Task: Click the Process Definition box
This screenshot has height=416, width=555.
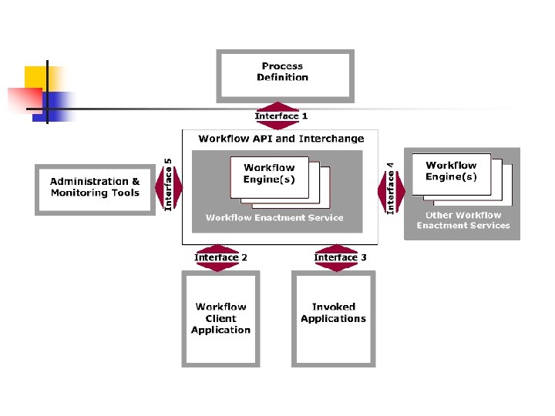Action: pyautogui.click(x=285, y=75)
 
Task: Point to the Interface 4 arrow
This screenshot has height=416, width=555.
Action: pyautogui.click(x=392, y=187)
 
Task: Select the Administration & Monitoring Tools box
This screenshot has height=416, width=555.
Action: pyautogui.click(x=95, y=188)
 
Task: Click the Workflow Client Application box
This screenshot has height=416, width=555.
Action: pyautogui.click(x=221, y=319)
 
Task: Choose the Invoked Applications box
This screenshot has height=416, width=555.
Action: pyautogui.click(x=333, y=319)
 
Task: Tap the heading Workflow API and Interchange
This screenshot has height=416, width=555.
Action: pyautogui.click(x=281, y=139)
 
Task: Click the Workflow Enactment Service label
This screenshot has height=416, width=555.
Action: pyautogui.click(x=274, y=217)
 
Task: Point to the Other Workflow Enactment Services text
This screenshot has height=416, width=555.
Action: pyautogui.click(x=463, y=220)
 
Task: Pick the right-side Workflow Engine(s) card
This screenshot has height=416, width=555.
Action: pyautogui.click(x=451, y=173)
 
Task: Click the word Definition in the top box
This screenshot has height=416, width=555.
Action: pyautogui.click(x=282, y=77)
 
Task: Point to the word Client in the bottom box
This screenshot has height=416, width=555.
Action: pyautogui.click(x=221, y=318)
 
